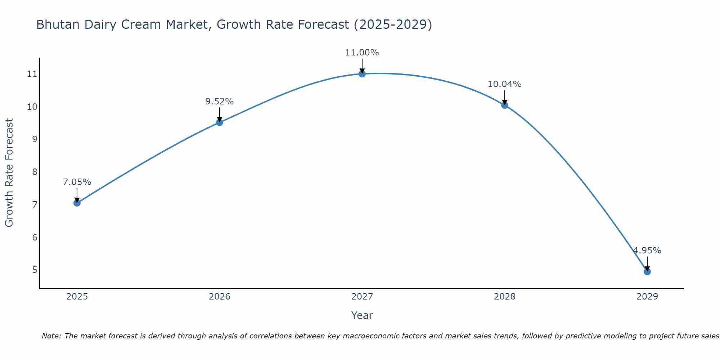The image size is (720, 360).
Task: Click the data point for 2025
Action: coord(77,203)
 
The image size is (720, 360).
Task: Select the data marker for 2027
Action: coord(362,74)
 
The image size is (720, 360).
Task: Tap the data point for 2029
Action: coord(647,271)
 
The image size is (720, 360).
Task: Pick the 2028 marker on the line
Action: coord(504,105)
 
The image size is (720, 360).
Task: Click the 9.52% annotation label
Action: coord(219,102)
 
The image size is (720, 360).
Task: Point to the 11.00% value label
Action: coord(362,53)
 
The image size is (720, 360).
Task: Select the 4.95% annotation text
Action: coord(647,251)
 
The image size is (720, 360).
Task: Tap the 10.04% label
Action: coord(504,84)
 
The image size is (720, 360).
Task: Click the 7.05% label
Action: coord(77,182)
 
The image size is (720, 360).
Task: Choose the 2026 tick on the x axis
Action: coord(219,297)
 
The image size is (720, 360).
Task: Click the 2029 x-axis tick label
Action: coord(647,297)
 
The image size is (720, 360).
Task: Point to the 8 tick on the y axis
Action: coord(35,172)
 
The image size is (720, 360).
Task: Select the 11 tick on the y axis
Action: coord(32,74)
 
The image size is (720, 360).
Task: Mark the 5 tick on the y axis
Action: coord(35,270)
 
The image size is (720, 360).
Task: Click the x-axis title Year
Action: coord(362,315)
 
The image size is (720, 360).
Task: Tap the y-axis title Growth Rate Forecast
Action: coord(9,172)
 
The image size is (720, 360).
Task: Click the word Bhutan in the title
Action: coord(58,24)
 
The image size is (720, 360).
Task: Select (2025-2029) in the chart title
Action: coord(393,24)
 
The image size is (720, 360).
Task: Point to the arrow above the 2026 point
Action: coord(219,114)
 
